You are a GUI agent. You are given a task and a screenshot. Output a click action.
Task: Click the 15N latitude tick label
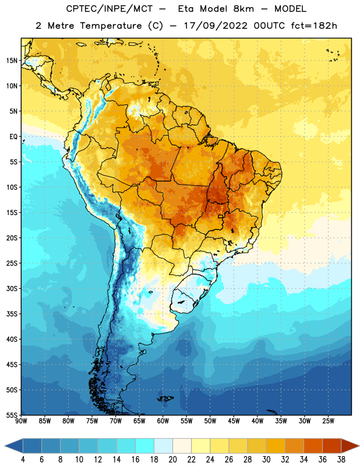point(12,61)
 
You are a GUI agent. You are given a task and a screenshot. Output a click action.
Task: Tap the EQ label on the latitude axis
point(13,137)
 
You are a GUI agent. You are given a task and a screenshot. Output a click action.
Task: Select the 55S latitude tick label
point(12,415)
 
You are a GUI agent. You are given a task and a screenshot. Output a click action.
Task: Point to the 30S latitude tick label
point(12,288)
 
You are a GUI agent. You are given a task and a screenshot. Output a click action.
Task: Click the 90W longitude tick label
point(21,421)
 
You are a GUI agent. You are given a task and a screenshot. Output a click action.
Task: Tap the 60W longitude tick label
point(163,421)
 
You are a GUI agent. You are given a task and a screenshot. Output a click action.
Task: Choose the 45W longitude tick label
point(234,421)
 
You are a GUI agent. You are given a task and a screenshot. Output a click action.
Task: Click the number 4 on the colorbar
point(23,460)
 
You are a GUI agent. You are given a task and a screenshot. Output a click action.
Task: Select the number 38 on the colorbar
point(341,460)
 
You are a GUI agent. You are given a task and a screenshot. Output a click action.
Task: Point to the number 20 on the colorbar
point(172,460)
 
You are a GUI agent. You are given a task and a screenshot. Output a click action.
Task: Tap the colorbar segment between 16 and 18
point(145,446)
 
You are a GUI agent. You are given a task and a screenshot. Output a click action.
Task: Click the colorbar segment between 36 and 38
point(332,446)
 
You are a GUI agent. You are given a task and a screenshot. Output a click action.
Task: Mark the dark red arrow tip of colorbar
point(358,446)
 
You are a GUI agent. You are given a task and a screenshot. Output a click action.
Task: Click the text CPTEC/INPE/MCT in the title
point(110,9)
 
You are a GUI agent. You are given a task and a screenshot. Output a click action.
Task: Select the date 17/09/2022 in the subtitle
point(216,26)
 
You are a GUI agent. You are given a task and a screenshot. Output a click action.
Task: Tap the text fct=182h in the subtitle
point(314,26)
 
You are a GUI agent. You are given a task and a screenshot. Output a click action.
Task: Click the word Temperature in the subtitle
point(111,26)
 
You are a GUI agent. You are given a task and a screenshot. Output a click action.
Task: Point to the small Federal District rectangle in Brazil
point(221,216)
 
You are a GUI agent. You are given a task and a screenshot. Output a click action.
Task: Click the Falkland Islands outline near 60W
point(165,398)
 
